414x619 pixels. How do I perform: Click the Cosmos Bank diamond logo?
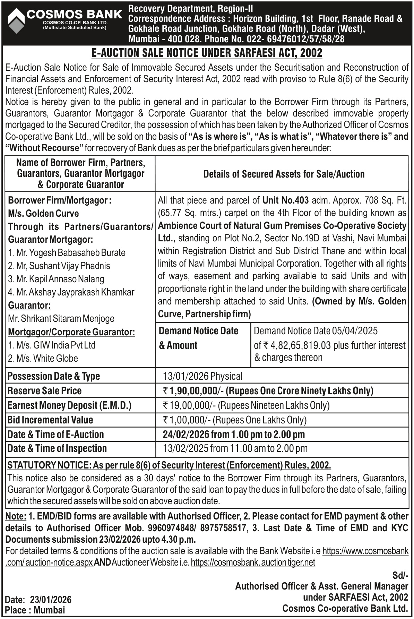(16, 21)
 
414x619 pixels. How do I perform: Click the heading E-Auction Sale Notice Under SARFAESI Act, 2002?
(207, 53)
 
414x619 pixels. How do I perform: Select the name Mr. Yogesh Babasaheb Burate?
(67, 252)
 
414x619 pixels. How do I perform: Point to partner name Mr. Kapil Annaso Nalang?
(56, 279)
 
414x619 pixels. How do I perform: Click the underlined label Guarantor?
(29, 305)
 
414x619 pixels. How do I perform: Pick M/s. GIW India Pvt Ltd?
(52, 345)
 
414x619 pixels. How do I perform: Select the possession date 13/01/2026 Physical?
(203, 376)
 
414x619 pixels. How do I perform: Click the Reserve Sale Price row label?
(45, 391)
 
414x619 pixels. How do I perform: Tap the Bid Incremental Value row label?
(50, 420)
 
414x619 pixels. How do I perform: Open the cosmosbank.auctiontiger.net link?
(253, 562)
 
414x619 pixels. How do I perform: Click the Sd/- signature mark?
(400, 575)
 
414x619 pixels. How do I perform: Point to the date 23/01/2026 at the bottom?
(51, 600)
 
